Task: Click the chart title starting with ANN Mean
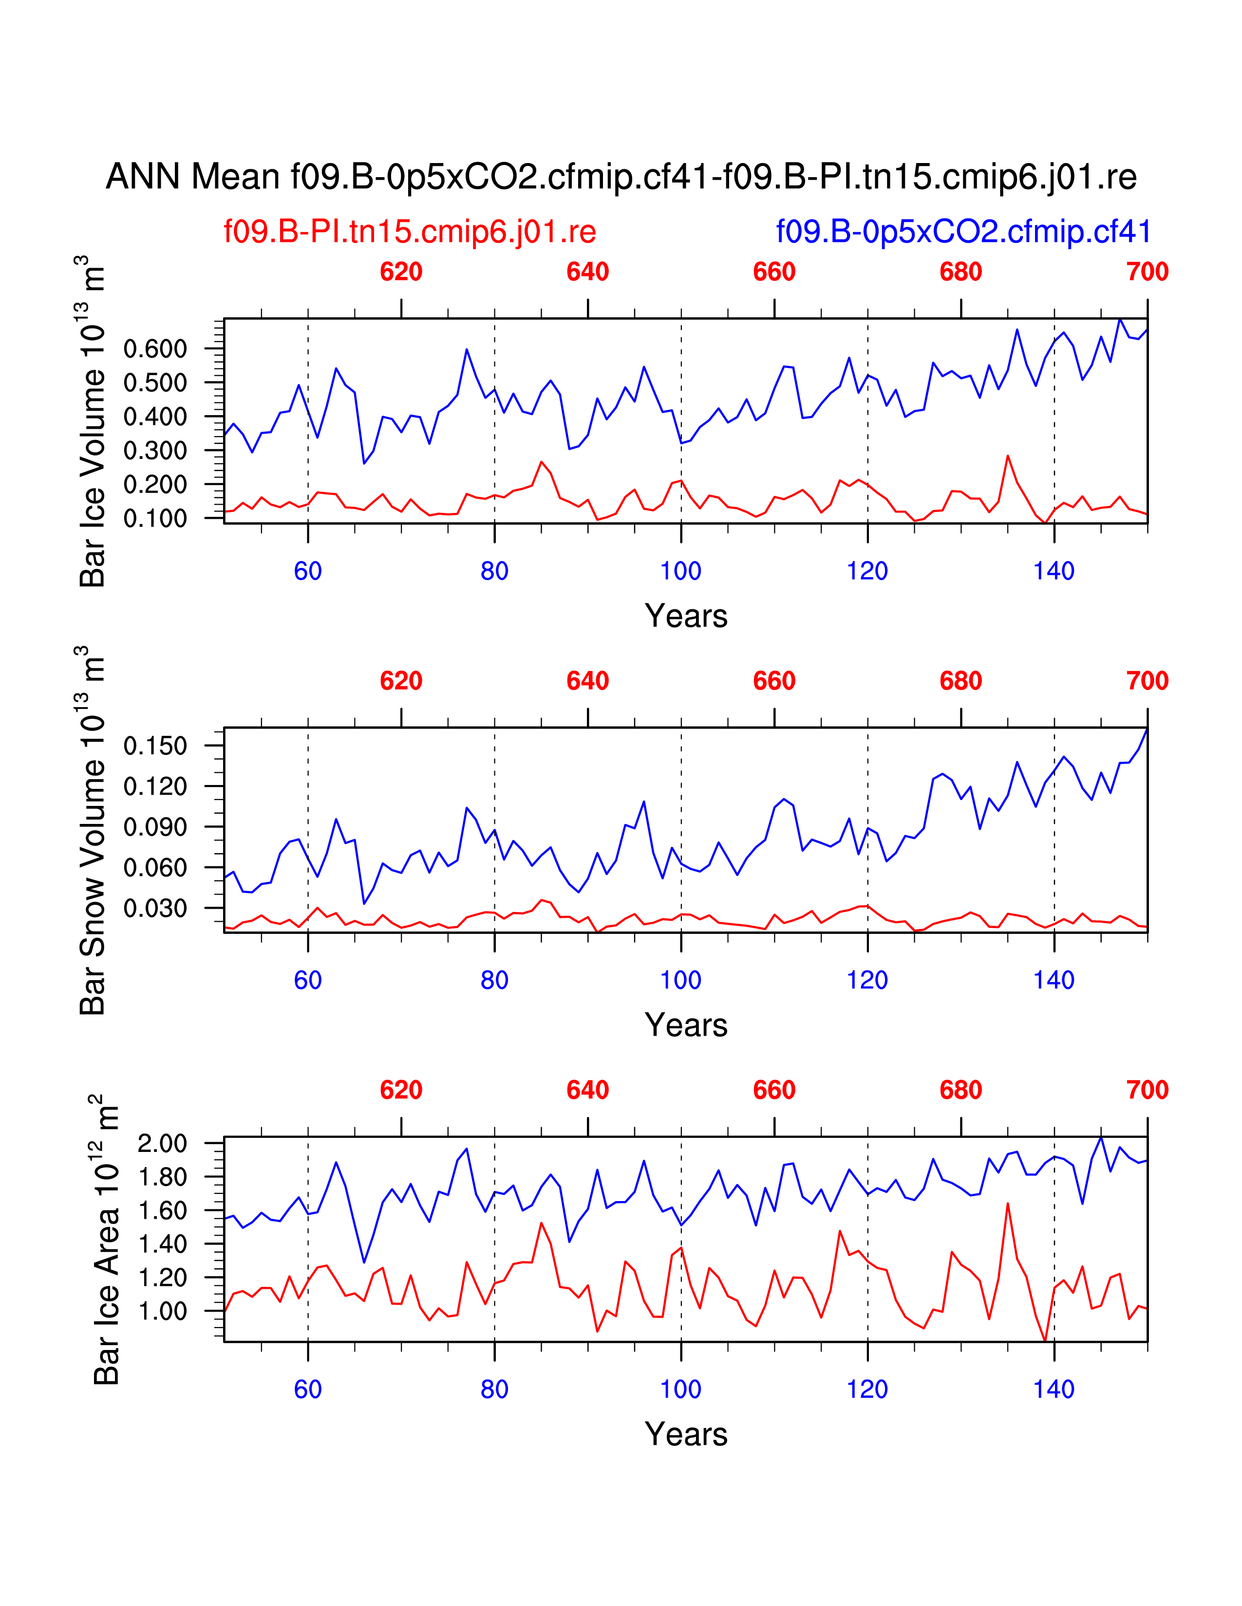click(x=621, y=177)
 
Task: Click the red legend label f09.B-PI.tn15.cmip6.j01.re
click(x=410, y=232)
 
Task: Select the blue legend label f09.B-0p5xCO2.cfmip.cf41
click(x=963, y=232)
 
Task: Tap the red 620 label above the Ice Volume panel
click(x=401, y=272)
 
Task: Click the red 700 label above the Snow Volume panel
click(x=1147, y=681)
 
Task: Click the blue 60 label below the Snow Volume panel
click(x=307, y=980)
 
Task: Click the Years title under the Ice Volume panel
click(x=686, y=616)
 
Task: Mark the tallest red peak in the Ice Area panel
click(x=1007, y=1204)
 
